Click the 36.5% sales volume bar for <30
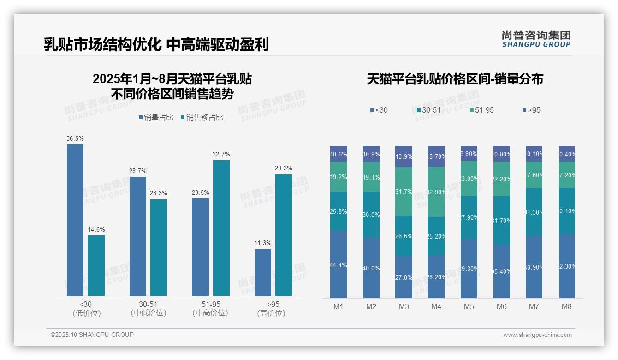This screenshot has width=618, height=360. [x=75, y=220]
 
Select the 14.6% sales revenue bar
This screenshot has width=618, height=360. [x=96, y=265]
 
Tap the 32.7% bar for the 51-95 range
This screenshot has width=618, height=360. [x=221, y=228]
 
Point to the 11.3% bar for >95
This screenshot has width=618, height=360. [x=263, y=272]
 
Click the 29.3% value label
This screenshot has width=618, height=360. [x=283, y=168]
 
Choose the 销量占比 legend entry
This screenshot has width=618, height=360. [x=156, y=118]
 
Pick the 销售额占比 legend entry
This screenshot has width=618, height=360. [x=202, y=118]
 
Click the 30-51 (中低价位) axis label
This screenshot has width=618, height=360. [x=148, y=308]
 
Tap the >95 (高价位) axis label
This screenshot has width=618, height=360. [x=273, y=308]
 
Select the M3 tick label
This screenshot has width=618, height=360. [x=404, y=306]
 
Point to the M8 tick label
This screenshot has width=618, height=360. [x=567, y=306]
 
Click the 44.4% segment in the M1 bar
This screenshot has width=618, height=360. [x=339, y=264]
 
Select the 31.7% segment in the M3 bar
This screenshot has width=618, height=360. [x=404, y=191]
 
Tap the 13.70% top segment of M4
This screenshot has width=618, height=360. [x=436, y=156]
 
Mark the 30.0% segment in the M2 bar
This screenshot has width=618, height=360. [x=371, y=215]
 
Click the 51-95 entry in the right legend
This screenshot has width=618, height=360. [x=481, y=110]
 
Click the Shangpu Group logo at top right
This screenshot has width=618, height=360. [x=536, y=39]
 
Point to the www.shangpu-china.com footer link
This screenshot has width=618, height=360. [x=537, y=335]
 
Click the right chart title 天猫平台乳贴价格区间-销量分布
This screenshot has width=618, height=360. [x=455, y=79]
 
